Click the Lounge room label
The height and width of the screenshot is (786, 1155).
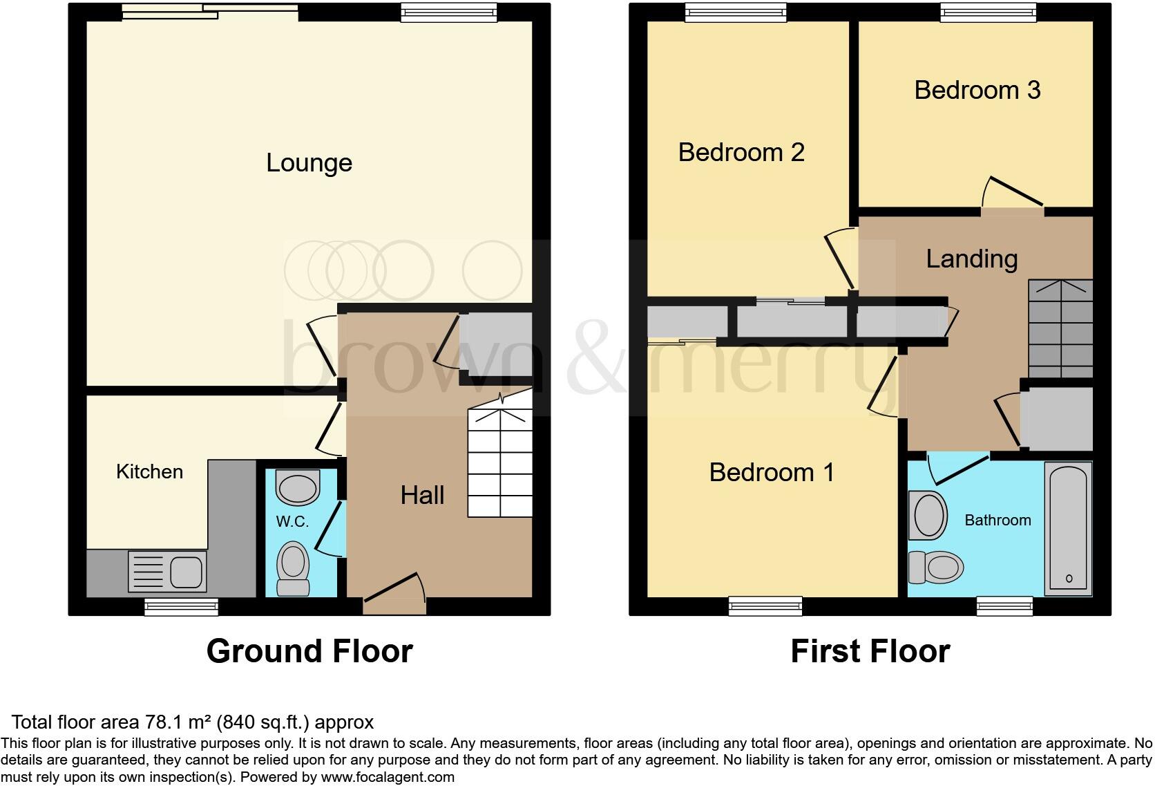point(309,163)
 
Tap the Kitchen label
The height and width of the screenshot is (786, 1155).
point(149,472)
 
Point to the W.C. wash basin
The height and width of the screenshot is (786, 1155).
point(298,487)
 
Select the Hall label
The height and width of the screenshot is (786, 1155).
point(422,495)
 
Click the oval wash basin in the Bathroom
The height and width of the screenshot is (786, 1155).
point(928,516)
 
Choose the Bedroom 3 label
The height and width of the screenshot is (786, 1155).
point(977,91)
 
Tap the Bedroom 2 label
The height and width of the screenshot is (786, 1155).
point(741,153)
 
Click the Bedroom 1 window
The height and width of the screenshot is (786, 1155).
point(765,606)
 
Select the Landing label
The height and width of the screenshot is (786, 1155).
point(971,259)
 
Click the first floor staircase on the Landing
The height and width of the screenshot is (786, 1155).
point(1060,328)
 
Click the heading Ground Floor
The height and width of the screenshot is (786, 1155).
point(309,651)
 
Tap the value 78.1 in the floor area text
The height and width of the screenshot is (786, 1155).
point(161,722)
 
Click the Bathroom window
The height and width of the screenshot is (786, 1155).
point(1004,606)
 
